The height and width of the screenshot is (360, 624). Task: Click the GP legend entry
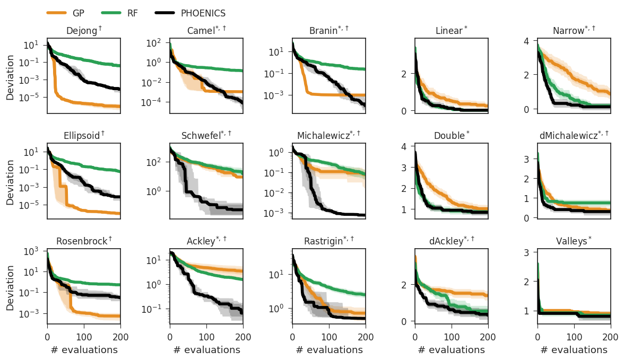tap(80, 13)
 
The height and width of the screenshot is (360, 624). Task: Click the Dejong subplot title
tap(84, 31)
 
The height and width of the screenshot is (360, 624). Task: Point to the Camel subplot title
tap(206, 31)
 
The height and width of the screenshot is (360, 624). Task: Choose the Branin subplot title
tap(329, 31)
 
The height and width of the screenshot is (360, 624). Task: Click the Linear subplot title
tap(452, 31)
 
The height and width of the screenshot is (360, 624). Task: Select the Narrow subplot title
tap(574, 31)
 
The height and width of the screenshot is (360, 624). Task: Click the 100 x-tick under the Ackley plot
tap(206, 336)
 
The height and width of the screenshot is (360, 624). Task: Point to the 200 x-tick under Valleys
tap(610, 336)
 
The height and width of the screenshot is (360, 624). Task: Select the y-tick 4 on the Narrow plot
tap(527, 41)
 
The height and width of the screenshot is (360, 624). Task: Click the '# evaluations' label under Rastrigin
tap(329, 350)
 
